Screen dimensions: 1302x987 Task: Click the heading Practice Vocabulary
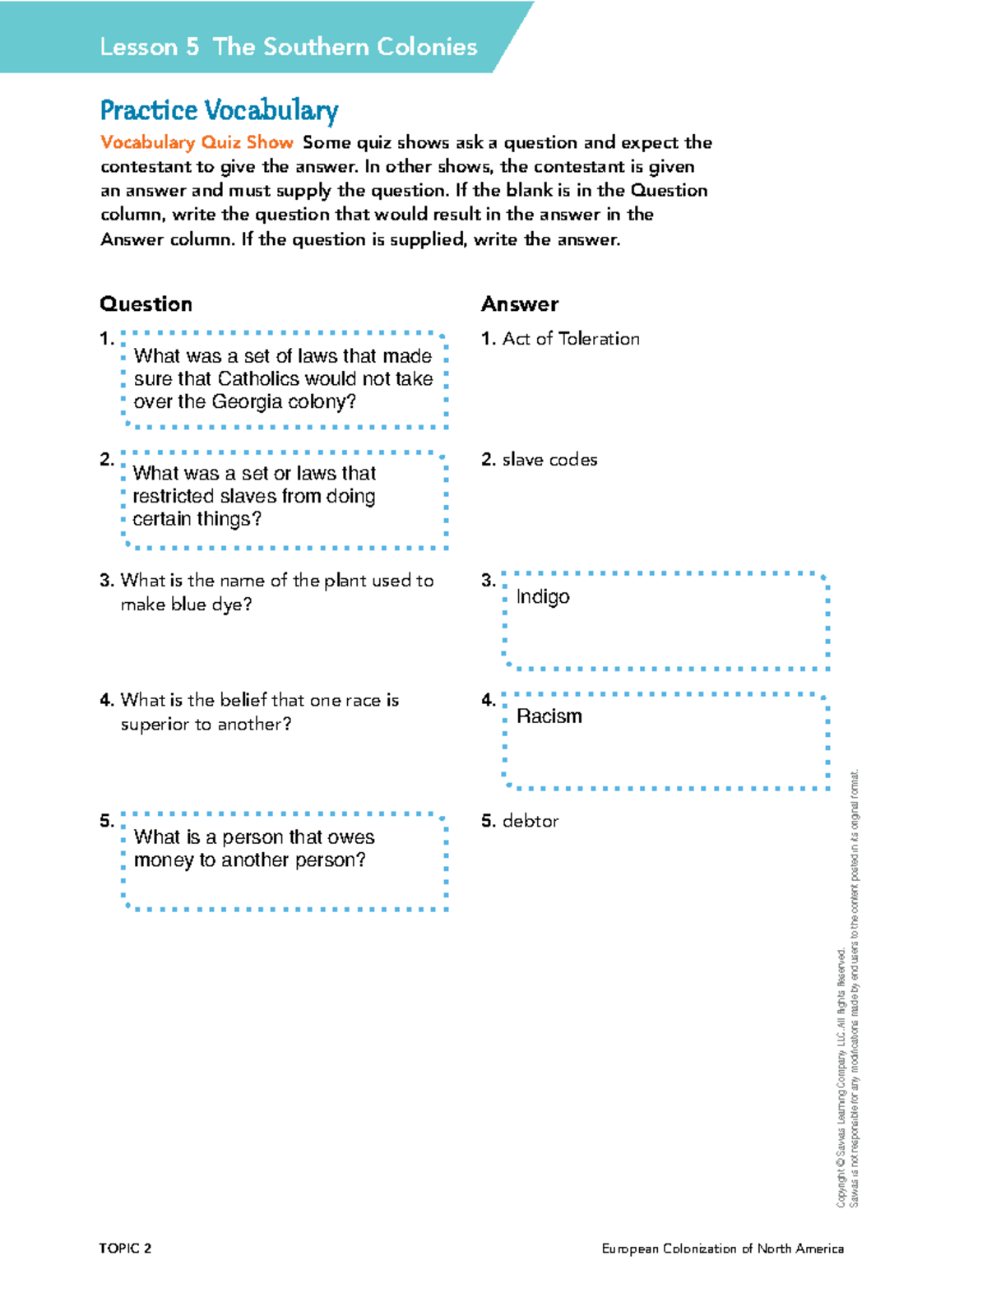click(219, 110)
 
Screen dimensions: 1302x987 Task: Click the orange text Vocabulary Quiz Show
click(197, 142)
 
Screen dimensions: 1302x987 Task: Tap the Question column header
click(146, 304)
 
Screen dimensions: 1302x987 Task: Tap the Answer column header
click(519, 304)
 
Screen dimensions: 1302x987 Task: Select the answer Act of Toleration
click(570, 339)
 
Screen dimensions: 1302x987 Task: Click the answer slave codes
click(549, 460)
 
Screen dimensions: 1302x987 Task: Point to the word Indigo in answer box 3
click(543, 596)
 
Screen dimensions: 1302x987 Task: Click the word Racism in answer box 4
click(549, 716)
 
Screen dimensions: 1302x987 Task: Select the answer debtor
click(530, 821)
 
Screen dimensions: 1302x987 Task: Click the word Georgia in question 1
click(245, 402)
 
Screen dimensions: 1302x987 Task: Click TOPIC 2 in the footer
click(125, 1249)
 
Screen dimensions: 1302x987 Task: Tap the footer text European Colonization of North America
click(722, 1249)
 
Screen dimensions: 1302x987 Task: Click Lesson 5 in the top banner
click(149, 47)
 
